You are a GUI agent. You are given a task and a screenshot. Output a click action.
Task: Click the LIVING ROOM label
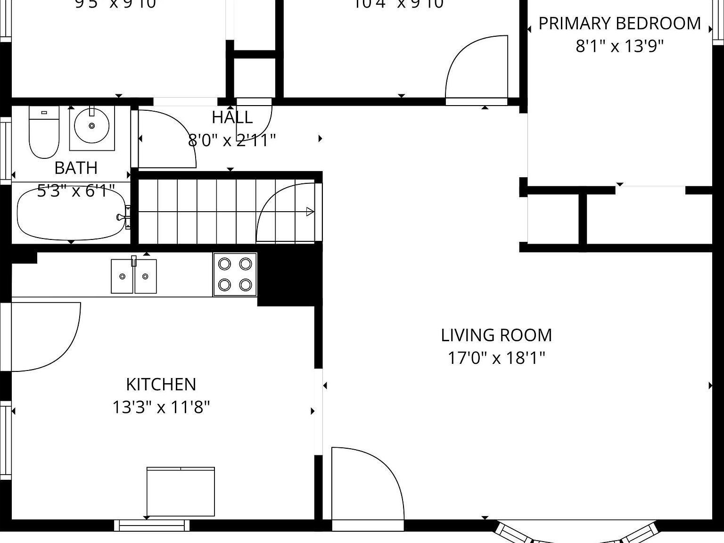[496, 335]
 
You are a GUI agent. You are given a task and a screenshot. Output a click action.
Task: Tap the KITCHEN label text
[161, 384]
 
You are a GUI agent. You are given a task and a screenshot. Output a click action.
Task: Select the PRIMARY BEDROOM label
[619, 24]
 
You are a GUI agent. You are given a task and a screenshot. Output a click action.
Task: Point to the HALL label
[232, 117]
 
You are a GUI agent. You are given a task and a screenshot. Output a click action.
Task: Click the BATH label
[76, 168]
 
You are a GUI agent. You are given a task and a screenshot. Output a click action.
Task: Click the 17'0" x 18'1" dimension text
[496, 358]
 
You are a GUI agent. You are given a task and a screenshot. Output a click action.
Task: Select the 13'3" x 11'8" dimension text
[161, 407]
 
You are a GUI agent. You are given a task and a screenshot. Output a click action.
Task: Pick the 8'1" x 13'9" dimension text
[619, 46]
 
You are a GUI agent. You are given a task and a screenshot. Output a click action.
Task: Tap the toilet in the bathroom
[44, 132]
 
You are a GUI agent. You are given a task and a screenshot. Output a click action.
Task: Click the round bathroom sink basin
[91, 125]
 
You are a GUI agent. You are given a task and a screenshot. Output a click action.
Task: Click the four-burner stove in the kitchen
[235, 274]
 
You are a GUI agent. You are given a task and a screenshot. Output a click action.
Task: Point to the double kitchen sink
[134, 276]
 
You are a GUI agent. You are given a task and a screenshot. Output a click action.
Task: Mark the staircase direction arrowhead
[310, 212]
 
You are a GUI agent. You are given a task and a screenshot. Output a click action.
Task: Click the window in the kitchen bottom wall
[152, 525]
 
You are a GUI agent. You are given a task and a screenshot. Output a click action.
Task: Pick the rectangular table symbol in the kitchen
[181, 492]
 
